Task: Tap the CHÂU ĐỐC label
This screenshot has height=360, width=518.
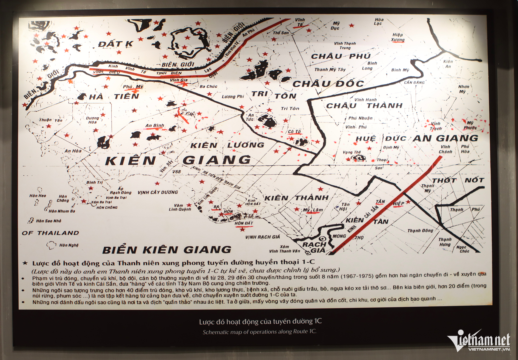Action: (x=328, y=84)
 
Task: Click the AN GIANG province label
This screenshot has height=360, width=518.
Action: (x=445, y=138)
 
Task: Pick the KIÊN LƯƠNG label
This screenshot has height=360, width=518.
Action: (x=227, y=145)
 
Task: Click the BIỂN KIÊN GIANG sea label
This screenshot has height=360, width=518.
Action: (x=167, y=250)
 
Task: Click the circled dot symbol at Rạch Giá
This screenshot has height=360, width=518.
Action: (x=322, y=239)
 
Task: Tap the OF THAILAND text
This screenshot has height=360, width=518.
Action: (x=50, y=233)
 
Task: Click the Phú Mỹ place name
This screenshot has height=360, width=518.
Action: (x=133, y=87)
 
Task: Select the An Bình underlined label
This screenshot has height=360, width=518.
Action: (x=155, y=125)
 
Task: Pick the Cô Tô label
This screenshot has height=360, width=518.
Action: (x=294, y=132)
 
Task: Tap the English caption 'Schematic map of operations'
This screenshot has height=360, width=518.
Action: (x=259, y=332)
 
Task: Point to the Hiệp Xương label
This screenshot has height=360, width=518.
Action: (x=398, y=37)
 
